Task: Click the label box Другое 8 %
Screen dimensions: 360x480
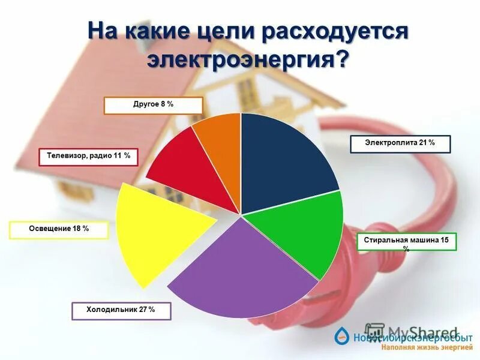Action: click(153, 105)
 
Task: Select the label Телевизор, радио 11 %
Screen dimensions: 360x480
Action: click(89, 157)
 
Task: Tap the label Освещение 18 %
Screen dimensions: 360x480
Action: click(59, 230)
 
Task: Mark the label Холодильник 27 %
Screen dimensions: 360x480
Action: click(121, 310)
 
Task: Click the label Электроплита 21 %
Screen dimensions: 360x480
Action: click(400, 144)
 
